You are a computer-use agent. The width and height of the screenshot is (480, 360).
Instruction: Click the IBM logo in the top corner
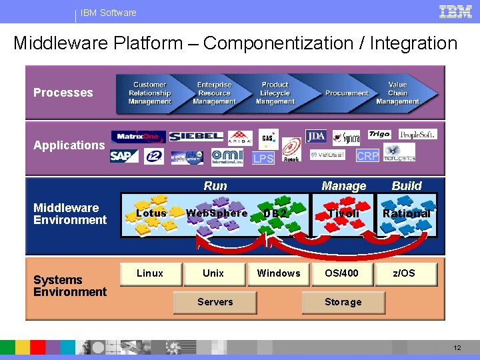click(455, 11)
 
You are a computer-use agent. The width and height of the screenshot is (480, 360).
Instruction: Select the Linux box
click(150, 273)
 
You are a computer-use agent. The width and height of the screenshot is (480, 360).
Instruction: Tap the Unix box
click(213, 273)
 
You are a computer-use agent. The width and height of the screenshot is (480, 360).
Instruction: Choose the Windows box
click(279, 273)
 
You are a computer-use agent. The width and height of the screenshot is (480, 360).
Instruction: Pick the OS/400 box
click(341, 273)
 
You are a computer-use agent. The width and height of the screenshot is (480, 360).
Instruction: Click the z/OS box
click(404, 273)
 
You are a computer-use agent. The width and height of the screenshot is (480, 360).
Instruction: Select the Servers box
click(215, 302)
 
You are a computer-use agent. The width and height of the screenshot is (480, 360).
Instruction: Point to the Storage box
click(343, 302)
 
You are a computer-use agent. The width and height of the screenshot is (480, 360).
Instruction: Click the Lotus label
click(151, 213)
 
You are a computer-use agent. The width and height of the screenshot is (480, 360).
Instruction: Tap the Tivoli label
click(343, 213)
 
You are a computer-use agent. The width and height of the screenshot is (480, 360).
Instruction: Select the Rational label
click(406, 213)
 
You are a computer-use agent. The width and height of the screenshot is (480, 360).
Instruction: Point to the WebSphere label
click(217, 213)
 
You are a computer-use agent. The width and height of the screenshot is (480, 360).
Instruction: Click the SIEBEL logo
click(196, 136)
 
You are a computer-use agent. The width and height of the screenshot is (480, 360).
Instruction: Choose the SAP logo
click(121, 156)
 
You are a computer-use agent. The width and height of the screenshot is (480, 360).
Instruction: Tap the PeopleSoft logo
click(417, 134)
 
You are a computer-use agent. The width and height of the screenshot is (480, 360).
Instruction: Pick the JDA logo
click(316, 137)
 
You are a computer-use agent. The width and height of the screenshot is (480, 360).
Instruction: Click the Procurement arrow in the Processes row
click(347, 93)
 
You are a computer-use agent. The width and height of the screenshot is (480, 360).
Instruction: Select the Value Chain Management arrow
click(397, 93)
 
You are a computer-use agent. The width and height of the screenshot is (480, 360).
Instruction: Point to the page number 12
click(457, 348)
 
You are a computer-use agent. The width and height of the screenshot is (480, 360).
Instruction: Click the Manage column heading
click(343, 186)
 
